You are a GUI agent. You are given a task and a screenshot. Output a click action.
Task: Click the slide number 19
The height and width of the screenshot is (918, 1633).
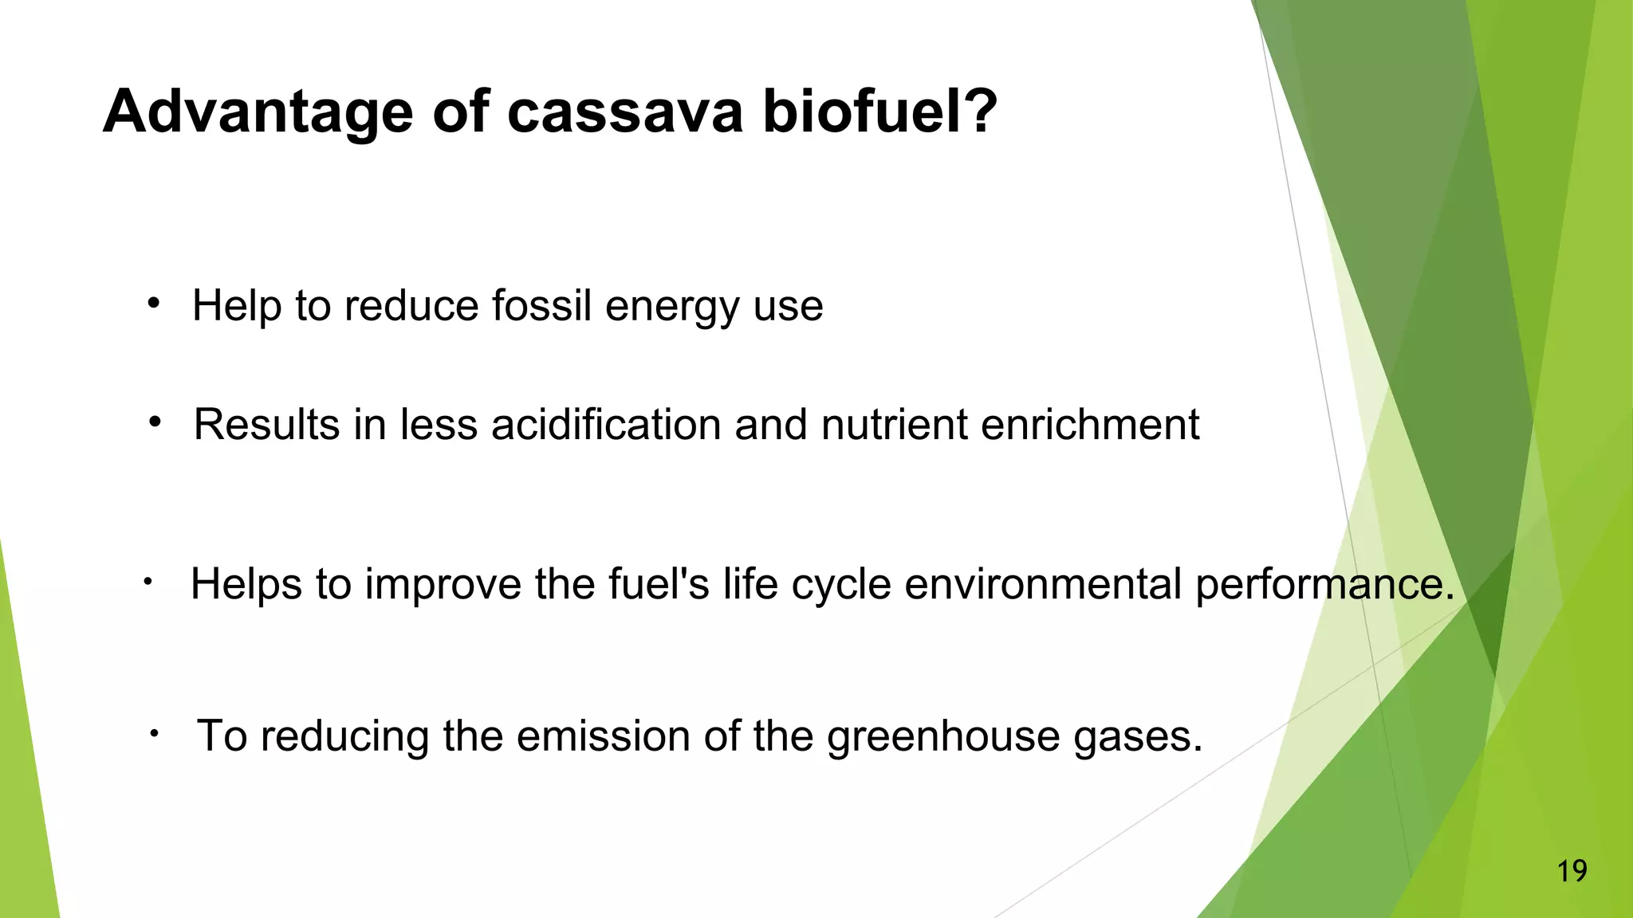coord(1572,871)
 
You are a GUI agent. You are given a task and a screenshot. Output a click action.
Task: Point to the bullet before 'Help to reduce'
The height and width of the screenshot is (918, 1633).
coord(154,303)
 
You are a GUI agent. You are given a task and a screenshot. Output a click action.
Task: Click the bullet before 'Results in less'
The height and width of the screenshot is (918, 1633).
coord(155,422)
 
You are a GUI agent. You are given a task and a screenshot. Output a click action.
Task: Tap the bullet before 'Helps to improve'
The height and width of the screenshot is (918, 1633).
coord(148,583)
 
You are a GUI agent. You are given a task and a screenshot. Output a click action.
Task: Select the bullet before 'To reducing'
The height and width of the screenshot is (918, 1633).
coord(154,733)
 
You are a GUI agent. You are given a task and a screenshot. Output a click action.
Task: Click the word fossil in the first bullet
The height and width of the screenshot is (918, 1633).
coord(541,306)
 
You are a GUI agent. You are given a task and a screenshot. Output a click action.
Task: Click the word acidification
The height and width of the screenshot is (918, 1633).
coord(607,425)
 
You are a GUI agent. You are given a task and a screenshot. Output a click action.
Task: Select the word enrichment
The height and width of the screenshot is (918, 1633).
coord(1089,425)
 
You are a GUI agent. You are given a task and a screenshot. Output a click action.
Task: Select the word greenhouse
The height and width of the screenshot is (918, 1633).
coord(943,737)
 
